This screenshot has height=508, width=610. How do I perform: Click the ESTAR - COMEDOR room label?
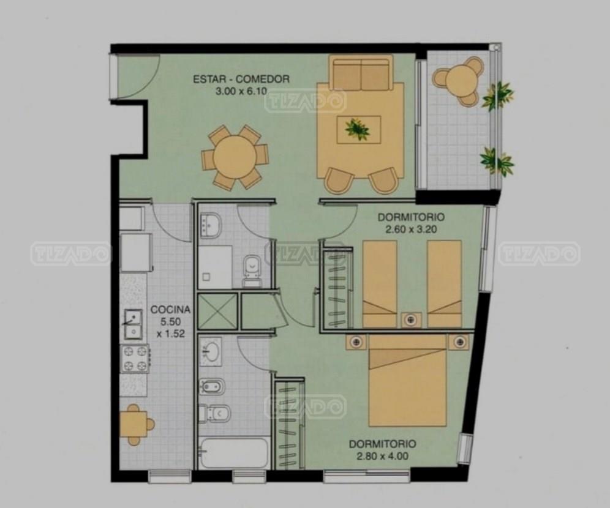[x=241, y=80]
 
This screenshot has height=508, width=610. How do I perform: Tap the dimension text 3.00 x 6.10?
[x=241, y=92]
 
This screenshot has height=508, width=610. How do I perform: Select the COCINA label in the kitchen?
[x=171, y=310]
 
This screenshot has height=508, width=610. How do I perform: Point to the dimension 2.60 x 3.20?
[x=411, y=230]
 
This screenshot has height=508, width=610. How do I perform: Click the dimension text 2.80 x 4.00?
[x=383, y=455]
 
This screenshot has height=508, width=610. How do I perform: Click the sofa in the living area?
[x=361, y=72]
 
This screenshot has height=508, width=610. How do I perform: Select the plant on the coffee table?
[x=358, y=129]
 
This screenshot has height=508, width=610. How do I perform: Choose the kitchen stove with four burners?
[x=135, y=359]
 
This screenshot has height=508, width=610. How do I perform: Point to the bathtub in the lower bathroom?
[x=233, y=453]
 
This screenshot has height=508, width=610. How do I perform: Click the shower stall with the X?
[x=217, y=312]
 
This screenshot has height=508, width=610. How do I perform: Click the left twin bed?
[x=380, y=284]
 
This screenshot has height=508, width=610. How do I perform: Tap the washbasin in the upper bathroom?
[x=210, y=225]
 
